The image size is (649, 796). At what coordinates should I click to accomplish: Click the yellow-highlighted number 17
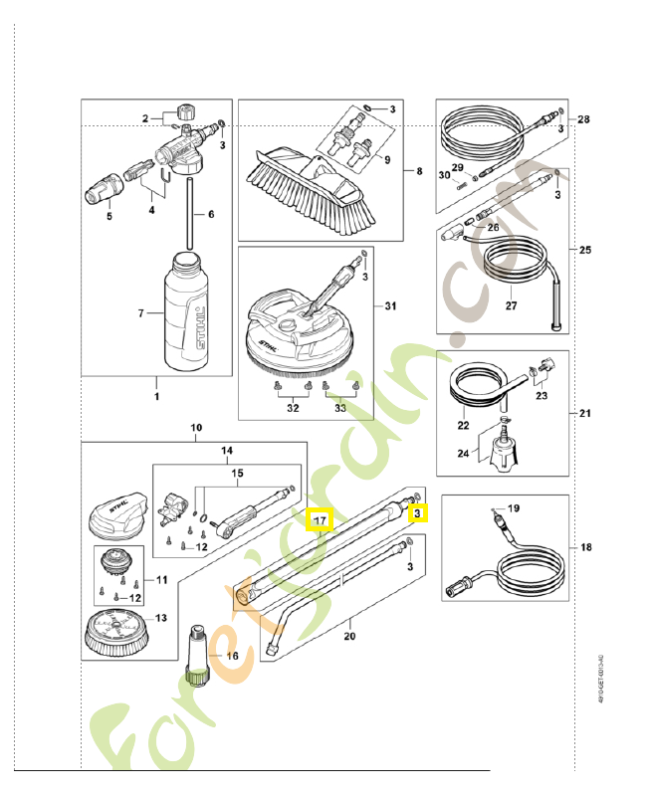click(320, 519)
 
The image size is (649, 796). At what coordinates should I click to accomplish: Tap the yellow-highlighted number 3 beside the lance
click(419, 513)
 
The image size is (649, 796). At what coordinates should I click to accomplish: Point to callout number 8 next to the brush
click(419, 171)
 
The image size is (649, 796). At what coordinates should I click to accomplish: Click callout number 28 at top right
click(583, 119)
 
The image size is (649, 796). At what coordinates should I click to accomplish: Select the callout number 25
click(584, 249)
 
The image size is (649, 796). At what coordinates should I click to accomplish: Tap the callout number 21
click(584, 412)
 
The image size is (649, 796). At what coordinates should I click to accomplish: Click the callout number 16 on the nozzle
click(232, 656)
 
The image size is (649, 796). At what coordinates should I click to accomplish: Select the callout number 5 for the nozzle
click(109, 215)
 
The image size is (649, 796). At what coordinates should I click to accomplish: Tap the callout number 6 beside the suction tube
click(211, 214)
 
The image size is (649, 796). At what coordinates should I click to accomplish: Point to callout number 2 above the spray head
click(146, 118)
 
